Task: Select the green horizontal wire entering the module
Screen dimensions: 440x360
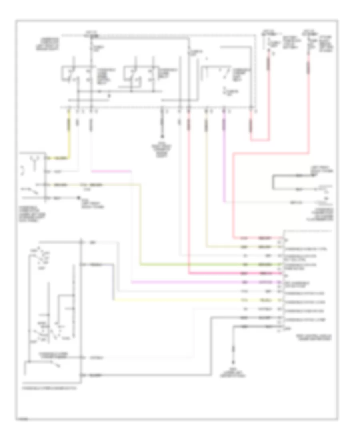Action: click(200, 265)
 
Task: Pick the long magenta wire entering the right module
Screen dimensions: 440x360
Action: click(200, 282)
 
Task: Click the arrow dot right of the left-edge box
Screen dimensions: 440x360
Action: click(78, 198)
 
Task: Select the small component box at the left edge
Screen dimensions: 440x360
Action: click(33, 176)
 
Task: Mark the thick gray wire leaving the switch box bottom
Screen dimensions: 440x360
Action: click(160, 375)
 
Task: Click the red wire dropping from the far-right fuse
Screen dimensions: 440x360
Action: click(309, 100)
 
